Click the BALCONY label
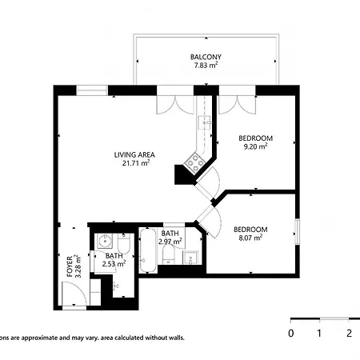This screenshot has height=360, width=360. click(206, 57)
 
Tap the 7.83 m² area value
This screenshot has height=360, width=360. click(206, 65)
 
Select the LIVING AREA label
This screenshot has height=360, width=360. click(134, 154)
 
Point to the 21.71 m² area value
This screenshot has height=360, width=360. click(135, 163)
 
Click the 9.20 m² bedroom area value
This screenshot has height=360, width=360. click(255, 146)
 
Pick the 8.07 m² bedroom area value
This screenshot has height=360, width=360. click(250, 238)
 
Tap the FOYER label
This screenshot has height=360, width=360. click(70, 266)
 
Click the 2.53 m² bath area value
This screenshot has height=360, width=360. click(114, 264)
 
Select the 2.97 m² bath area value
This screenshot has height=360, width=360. click(170, 242)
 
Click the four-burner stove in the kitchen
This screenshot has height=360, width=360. click(194, 162)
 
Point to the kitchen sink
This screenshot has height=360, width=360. click(204, 122)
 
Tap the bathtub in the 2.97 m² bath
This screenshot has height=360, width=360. click(148, 250)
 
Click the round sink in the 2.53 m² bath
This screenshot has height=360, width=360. click(105, 241)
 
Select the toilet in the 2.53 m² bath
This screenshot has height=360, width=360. click(124, 244)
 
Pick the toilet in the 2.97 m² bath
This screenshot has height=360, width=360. click(168, 254)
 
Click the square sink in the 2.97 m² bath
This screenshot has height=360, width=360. click(190, 258)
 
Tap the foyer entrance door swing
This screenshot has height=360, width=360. click(74, 294)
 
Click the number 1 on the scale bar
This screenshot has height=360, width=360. click(319, 333)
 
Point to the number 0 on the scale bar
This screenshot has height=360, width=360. click(291, 333)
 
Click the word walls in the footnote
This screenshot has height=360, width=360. click(177, 338)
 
